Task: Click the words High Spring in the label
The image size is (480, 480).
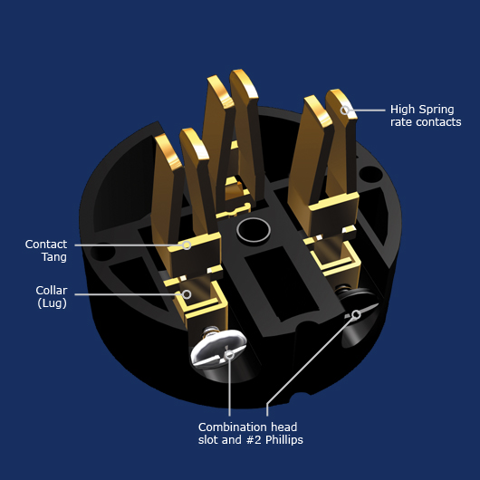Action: click(x=422, y=110)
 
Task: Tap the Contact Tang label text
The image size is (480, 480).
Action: click(x=45, y=251)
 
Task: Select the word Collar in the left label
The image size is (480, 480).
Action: click(x=52, y=291)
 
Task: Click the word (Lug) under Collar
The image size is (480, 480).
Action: click(x=52, y=303)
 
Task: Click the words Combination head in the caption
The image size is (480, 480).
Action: click(x=247, y=427)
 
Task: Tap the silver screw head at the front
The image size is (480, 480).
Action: click(x=220, y=348)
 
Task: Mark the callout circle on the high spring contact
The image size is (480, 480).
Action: click(x=345, y=110)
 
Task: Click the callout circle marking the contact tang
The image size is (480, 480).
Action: click(x=187, y=245)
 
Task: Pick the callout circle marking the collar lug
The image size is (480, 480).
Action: click(x=187, y=293)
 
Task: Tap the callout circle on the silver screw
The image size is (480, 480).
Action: click(x=229, y=355)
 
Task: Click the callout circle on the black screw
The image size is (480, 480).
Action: click(x=356, y=314)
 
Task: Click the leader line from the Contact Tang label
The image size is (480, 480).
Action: click(x=127, y=245)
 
